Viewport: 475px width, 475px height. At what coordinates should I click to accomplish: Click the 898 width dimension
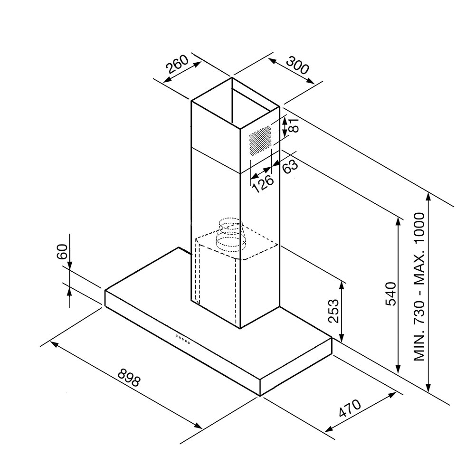129,378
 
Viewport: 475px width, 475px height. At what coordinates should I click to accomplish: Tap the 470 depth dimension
350,408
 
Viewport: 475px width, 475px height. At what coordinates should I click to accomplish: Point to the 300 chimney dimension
297,65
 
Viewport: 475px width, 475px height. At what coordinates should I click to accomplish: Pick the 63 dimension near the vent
290,166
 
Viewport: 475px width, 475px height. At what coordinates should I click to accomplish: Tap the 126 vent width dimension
263,183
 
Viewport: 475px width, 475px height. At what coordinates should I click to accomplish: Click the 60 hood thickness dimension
62,251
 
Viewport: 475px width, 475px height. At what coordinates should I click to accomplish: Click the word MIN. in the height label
419,348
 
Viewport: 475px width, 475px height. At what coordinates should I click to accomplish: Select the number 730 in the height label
419,316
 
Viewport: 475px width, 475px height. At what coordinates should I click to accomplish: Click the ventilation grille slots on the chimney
260,141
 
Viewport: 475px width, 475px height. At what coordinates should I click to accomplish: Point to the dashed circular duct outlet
230,235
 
